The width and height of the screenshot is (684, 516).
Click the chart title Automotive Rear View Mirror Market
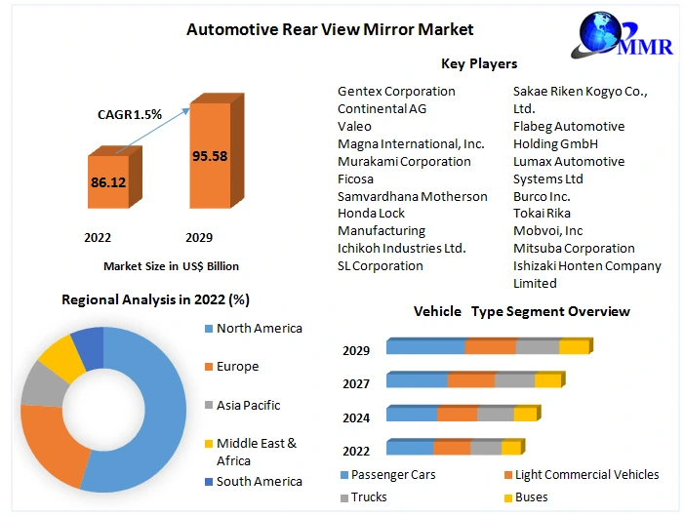[x=330, y=29]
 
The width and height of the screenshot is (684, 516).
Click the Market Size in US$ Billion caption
[x=171, y=265]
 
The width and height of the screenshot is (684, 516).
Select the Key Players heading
[x=479, y=63]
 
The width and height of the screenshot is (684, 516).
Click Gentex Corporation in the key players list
[x=396, y=91]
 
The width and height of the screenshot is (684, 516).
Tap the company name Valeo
[x=354, y=126]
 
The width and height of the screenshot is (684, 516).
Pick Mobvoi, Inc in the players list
[x=547, y=231]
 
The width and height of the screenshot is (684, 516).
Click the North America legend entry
[x=259, y=329]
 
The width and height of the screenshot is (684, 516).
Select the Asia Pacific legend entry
[x=248, y=405]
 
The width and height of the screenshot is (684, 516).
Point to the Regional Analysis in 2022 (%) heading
[x=156, y=300]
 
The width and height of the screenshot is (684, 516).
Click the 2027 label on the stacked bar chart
[x=356, y=383]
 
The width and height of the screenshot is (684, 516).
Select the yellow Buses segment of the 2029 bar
[x=574, y=346]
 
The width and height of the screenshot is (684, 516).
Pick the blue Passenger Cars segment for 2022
[x=410, y=448]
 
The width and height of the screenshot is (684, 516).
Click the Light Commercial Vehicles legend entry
[x=585, y=475]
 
